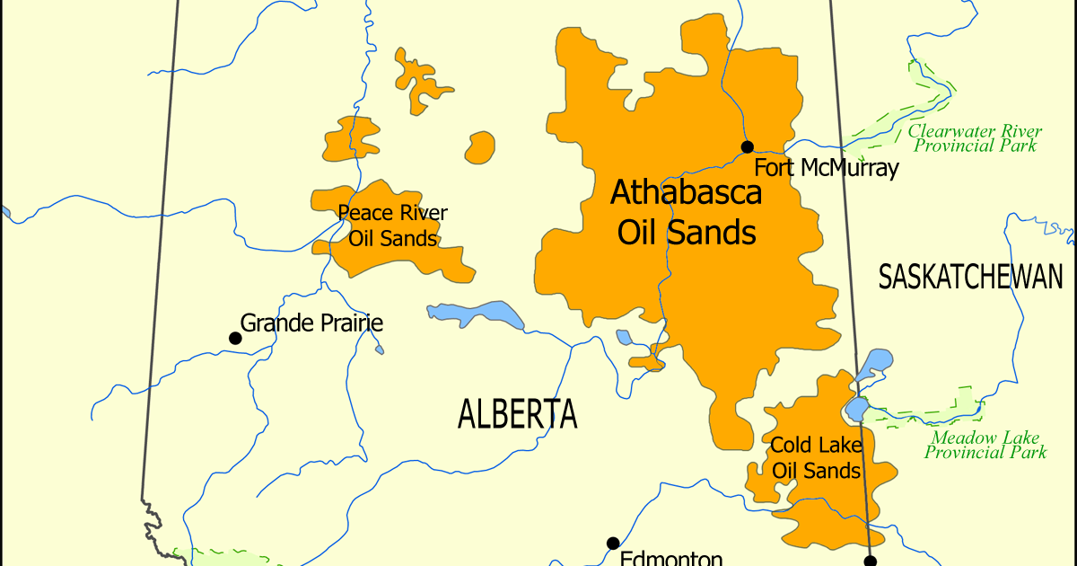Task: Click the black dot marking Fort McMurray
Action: [x=747, y=146]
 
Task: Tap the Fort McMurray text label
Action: [x=826, y=168]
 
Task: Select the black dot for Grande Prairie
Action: [x=235, y=338]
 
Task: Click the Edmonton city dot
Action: [x=613, y=543]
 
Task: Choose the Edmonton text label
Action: [x=671, y=558]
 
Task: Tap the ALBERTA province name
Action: [x=517, y=414]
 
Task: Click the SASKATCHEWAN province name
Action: [x=970, y=278]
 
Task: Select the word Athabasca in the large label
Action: [x=686, y=191]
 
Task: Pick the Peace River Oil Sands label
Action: [x=392, y=226]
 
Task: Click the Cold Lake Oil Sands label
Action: [x=816, y=458]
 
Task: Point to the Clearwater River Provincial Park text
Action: [x=975, y=138]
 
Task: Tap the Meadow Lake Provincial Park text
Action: [x=985, y=446]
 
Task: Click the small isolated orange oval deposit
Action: [x=480, y=146]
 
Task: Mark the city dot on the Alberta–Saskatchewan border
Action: [x=870, y=561]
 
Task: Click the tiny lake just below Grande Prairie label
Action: [x=380, y=349]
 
